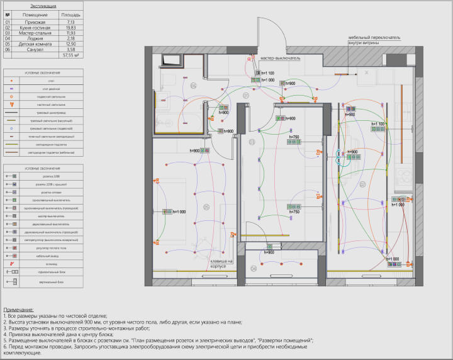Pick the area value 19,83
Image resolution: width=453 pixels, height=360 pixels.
[x=70, y=28]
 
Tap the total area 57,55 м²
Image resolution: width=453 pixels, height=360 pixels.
[x=70, y=55]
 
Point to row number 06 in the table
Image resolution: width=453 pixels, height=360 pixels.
[x=8, y=50]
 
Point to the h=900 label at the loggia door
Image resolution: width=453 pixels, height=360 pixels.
[x=269, y=252]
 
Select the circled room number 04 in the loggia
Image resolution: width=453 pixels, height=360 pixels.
[x=254, y=268]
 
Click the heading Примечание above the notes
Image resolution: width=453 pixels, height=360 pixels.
[x=19, y=310]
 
